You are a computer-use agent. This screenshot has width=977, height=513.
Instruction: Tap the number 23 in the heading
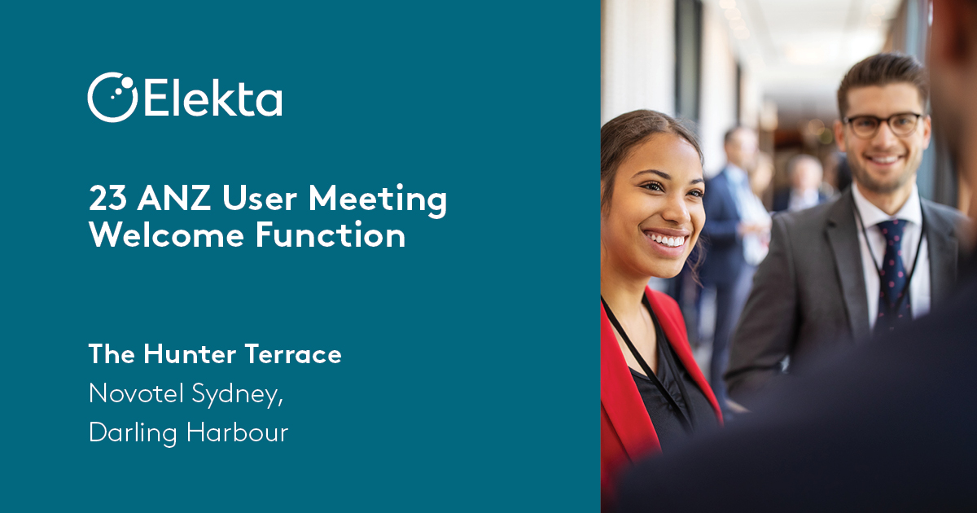point(107,198)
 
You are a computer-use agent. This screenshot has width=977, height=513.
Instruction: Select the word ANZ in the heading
point(174,198)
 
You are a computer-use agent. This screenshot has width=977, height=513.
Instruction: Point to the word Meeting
point(378,199)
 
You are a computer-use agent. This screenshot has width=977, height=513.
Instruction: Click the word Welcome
point(167,235)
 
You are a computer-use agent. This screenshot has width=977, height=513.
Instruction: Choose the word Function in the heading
point(331,235)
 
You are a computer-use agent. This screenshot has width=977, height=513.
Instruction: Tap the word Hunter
point(190,353)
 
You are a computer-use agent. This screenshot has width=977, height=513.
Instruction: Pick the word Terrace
point(293,353)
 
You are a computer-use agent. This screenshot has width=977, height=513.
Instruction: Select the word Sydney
point(237,395)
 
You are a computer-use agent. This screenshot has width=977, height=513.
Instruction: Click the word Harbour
point(237,432)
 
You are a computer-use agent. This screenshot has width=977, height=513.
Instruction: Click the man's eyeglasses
point(883,125)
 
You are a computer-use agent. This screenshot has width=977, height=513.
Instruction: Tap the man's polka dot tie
point(892,270)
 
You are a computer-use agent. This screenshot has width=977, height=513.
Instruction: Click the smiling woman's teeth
point(665,240)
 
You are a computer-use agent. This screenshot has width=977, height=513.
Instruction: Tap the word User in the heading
point(260,198)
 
